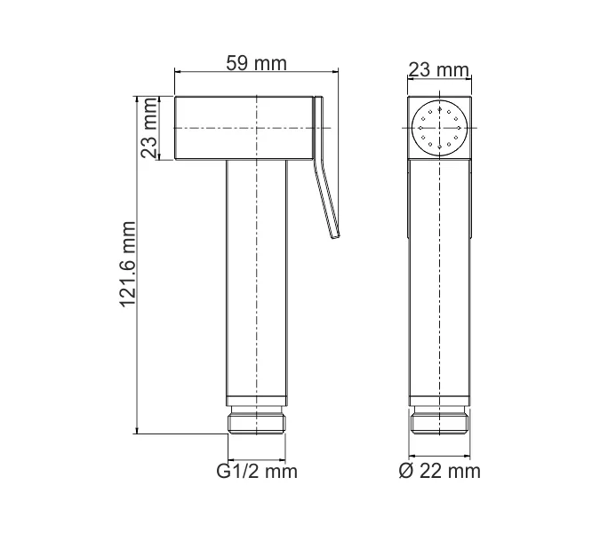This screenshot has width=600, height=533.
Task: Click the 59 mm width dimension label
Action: coord(257,63)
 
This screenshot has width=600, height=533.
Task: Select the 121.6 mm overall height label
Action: coord(129,265)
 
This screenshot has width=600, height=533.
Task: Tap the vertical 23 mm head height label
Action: coord(150,129)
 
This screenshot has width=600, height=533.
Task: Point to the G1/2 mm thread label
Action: coord(257,471)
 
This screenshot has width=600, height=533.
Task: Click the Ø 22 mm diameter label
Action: coord(439,471)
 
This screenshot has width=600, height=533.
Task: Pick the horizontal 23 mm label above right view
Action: coord(439,70)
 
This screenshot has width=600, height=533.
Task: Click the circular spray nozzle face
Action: coord(439,129)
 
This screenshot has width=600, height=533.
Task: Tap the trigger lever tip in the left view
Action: coord(335,235)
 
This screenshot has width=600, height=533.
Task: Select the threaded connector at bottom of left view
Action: coord(257,422)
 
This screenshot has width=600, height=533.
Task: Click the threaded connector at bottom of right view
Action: coord(439,422)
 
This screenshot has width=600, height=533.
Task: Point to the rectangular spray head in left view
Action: coord(244,129)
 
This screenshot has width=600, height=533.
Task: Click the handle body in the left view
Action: coord(257,284)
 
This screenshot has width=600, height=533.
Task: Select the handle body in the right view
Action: coord(439,284)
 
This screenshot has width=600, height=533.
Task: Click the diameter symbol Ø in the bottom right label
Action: coord(405,471)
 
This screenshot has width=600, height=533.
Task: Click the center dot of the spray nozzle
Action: coord(439,129)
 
